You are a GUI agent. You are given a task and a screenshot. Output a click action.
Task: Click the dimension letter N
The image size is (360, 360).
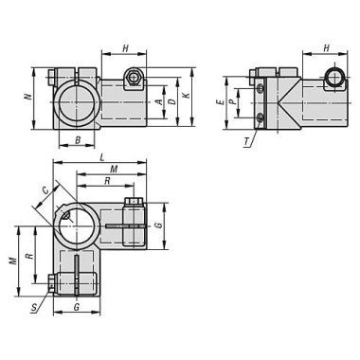pyautogui.click(x=28, y=97)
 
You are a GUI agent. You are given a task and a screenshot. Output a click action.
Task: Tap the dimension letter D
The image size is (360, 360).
pyautogui.click(x=171, y=97)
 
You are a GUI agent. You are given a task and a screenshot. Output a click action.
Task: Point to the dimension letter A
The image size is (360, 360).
pyautogui.click(x=159, y=97)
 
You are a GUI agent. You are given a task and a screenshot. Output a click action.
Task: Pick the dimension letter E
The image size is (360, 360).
pyautogui.click(x=219, y=101)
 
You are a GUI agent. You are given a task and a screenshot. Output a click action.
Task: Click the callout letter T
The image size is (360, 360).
pyautogui.click(x=245, y=142)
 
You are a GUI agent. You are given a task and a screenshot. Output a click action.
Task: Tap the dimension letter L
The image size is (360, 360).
pyautogui.click(x=101, y=158)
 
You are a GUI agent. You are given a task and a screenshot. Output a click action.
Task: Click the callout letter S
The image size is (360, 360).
pyautogui.click(x=34, y=308)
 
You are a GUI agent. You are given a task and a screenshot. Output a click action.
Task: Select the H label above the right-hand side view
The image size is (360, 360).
pyautogui.click(x=326, y=48)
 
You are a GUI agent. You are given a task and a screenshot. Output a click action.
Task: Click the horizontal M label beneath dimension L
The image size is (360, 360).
pyautogui.click(x=114, y=169)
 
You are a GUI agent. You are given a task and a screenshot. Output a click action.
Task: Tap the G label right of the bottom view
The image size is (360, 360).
pyautogui.click(x=159, y=225)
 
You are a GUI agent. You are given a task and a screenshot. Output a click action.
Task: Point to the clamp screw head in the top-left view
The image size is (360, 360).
pyautogui.click(x=135, y=78)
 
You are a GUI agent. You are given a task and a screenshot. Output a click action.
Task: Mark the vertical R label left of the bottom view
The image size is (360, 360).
pyautogui.click(x=29, y=256)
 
